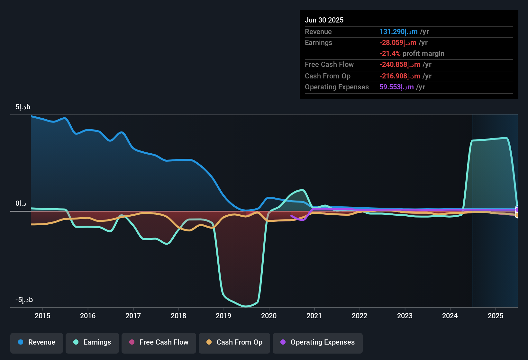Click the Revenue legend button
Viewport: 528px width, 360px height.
pyautogui.click(x=37, y=342)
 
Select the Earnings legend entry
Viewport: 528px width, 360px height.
pyautogui.click(x=92, y=342)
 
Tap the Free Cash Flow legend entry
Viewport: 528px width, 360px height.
pyautogui.click(x=159, y=342)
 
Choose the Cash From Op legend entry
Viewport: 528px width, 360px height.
pyautogui.click(x=234, y=342)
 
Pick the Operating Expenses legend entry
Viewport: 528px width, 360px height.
pyautogui.click(x=318, y=342)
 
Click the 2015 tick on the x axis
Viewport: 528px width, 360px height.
pyautogui.click(x=42, y=316)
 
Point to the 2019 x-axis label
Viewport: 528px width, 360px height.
pyautogui.click(x=223, y=316)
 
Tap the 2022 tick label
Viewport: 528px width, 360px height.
pyautogui.click(x=360, y=316)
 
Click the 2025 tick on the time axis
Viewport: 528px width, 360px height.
pyautogui.click(x=496, y=316)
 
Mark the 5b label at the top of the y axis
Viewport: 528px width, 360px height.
pyautogui.click(x=23, y=107)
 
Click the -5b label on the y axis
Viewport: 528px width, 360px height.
pyautogui.click(x=24, y=300)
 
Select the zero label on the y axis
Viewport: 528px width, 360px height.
pyautogui.click(x=21, y=203)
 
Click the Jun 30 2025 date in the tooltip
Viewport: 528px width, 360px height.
pyautogui.click(x=324, y=20)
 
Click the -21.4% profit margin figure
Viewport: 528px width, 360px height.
pyautogui.click(x=390, y=54)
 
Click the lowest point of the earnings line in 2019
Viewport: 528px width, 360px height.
pyautogui.click(x=246, y=306)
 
